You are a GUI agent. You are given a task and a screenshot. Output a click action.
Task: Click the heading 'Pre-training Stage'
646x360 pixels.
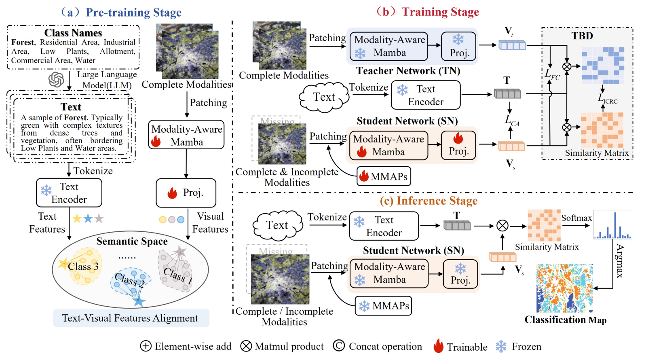point(133,13)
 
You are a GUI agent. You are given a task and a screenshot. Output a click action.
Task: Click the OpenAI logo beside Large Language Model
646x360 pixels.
point(56,80)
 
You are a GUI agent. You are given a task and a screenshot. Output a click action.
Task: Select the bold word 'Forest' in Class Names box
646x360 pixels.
point(23,42)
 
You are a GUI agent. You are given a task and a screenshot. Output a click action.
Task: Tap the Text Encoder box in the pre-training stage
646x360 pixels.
point(69,193)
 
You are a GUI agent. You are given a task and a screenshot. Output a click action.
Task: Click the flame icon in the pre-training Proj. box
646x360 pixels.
point(173,193)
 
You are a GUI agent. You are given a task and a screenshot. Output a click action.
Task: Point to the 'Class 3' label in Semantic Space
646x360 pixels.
point(83,267)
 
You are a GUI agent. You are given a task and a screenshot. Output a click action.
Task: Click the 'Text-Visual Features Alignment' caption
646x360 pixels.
point(130,318)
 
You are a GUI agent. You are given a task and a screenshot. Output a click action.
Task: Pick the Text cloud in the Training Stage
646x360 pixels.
point(324,97)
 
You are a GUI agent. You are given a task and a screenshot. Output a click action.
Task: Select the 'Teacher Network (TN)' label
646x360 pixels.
point(408,71)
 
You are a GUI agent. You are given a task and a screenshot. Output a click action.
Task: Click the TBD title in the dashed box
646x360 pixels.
point(582,36)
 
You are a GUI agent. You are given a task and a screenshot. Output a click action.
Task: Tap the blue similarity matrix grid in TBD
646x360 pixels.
point(603,66)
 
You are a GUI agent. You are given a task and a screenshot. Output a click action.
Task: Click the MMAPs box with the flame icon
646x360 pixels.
point(384,176)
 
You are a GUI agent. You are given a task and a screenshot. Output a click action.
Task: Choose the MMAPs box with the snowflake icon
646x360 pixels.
point(383,306)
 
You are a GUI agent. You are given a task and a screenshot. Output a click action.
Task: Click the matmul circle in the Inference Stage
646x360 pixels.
point(502,225)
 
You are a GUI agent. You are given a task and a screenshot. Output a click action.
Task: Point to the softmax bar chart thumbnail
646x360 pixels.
point(612,224)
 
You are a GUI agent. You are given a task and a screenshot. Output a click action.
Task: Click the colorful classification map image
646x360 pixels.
point(564,288)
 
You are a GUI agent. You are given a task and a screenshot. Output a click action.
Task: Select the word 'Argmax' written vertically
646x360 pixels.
point(620,261)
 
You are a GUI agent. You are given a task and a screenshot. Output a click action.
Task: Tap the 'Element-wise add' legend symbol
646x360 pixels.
point(146,346)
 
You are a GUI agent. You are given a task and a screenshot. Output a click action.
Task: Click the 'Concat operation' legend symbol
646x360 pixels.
point(339,346)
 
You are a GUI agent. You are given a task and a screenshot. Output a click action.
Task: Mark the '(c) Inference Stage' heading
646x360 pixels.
point(429,201)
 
